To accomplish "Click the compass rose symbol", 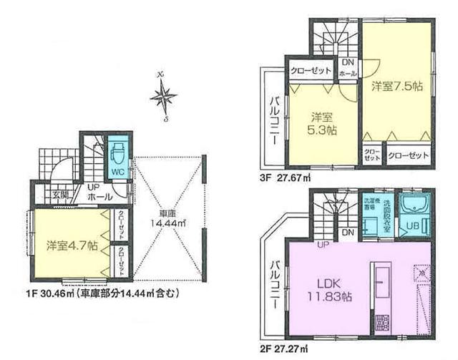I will click(165, 96).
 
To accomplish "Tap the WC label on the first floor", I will click(116, 172).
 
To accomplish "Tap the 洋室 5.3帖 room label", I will click(323, 123).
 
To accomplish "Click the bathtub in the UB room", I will click(413, 208).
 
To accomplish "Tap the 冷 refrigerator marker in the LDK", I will click(423, 273).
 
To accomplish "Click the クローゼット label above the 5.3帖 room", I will click(311, 71).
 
